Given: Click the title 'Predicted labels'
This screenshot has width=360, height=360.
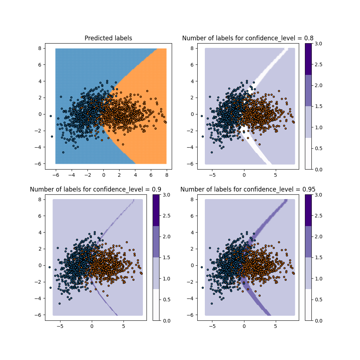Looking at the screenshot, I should (x=108, y=38).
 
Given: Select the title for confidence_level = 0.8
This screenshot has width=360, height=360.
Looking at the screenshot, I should (x=248, y=38).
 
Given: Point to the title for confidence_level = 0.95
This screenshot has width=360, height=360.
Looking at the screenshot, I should (x=248, y=189).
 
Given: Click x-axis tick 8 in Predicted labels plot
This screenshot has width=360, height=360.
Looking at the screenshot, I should (x=167, y=175).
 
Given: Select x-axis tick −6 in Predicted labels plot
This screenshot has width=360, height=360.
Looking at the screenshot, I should (x=55, y=175).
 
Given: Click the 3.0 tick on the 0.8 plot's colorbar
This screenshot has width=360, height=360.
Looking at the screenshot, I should (x=319, y=44).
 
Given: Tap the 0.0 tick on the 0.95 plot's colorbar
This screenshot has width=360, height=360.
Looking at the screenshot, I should (x=319, y=320).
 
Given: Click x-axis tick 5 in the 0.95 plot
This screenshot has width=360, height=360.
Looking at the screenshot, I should (x=275, y=327).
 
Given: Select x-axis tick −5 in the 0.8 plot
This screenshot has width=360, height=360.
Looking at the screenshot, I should (x=212, y=175).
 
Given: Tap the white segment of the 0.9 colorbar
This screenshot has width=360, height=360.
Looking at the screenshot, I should (x=156, y=305).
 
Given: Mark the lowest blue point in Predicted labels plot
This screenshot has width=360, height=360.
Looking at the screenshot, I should (x=63, y=152).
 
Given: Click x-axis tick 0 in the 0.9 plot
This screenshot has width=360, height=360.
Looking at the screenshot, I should (x=91, y=327).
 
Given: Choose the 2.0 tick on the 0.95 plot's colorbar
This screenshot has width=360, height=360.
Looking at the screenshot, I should (x=319, y=237).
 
